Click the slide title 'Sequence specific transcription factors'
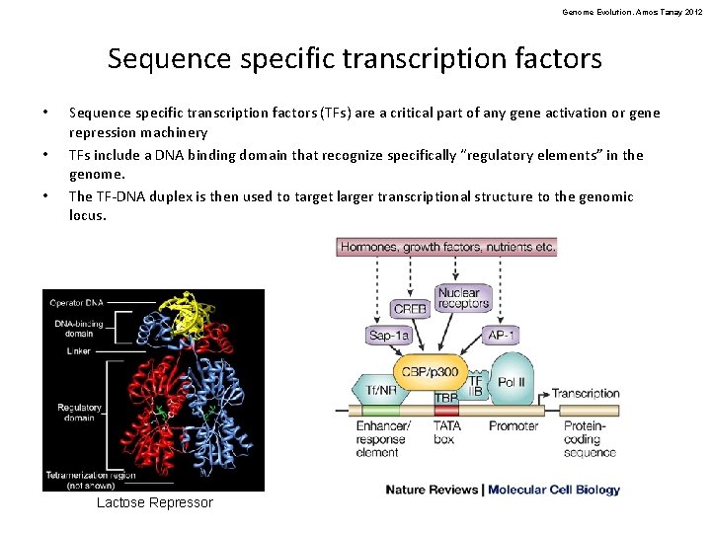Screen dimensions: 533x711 tap(355, 59)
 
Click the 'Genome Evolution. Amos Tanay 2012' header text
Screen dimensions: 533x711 tap(631, 12)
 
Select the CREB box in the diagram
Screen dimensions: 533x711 tap(410, 308)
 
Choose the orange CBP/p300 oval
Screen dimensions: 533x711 tap(431, 371)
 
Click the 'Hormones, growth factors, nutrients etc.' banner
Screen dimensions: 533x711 tap(447, 247)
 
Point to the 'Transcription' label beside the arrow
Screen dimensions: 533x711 tap(586, 393)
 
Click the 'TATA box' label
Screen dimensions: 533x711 tap(446, 432)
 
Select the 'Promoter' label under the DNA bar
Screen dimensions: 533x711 tap(513, 426)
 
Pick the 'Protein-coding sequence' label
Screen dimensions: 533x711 tap(590, 439)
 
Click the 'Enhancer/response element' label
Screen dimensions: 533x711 tap(380, 439)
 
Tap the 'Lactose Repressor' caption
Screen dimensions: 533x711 tap(154, 503)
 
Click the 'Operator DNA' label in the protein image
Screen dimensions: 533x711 tap(76, 302)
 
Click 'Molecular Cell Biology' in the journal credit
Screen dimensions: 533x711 tap(554, 490)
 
